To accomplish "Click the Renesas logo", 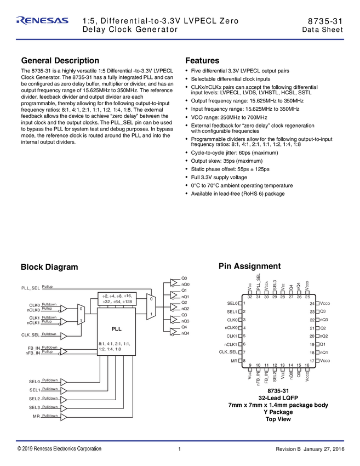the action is (43, 21).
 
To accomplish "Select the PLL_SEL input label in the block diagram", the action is (31, 288).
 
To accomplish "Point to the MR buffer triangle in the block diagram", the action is (64, 417).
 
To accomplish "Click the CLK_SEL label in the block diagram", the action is (31, 335).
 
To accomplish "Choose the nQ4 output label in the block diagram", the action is (185, 333).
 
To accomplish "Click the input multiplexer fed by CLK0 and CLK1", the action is (81, 315).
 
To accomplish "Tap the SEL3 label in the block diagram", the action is (35, 407).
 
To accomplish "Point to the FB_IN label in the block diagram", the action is (33, 348).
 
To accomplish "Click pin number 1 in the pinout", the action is (244, 303).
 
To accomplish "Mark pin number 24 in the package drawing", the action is (312, 303).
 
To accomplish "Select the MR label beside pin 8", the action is (234, 361).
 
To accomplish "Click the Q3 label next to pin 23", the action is (323, 311).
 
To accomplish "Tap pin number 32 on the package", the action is (250, 297).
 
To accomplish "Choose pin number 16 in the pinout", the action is (307, 365).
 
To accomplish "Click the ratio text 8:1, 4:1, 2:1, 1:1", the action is (115, 343).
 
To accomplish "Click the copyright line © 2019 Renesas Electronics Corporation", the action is (59, 448).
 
